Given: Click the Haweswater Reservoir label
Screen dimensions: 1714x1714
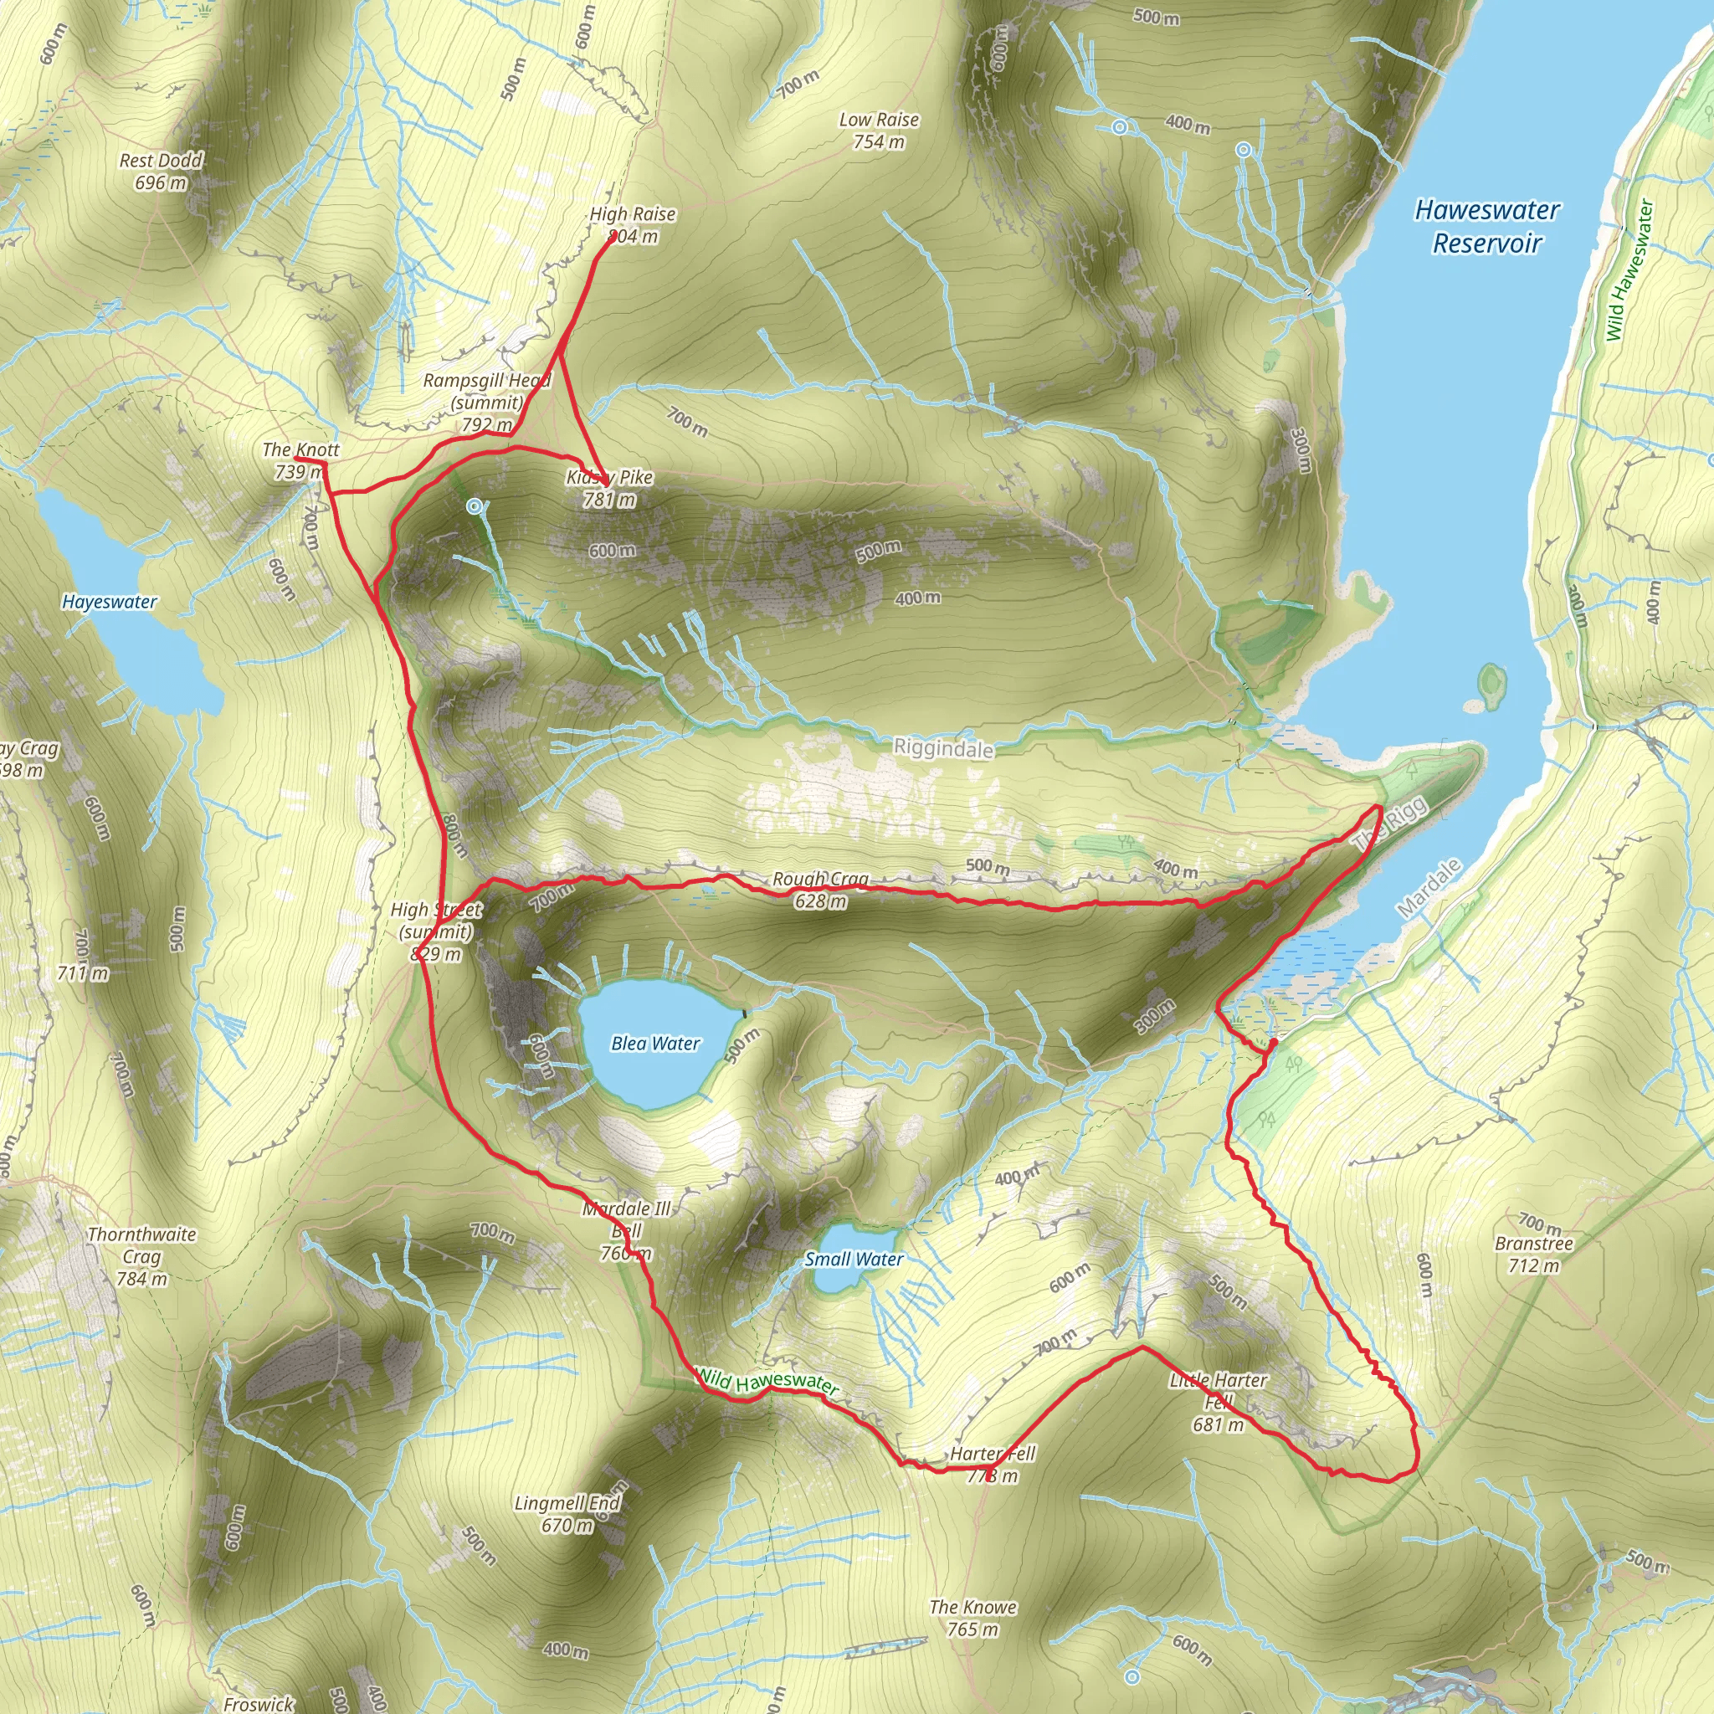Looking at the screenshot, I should click(x=1486, y=226).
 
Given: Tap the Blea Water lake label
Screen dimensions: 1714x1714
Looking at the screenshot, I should click(x=655, y=1044).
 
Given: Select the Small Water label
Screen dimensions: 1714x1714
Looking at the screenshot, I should click(x=854, y=1259).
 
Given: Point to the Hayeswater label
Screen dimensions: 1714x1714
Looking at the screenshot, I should click(x=109, y=602).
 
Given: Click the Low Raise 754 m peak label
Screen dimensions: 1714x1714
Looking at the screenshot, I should click(x=878, y=131).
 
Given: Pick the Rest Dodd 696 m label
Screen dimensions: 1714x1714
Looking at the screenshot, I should click(x=161, y=172).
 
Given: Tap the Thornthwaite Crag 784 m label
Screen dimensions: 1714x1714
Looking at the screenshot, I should click(x=142, y=1256).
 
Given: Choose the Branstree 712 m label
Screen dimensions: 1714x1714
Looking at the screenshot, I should click(x=1533, y=1255).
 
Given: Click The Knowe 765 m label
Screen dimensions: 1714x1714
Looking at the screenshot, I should click(x=972, y=1619).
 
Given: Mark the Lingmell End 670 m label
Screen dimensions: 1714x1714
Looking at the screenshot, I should click(x=567, y=1514).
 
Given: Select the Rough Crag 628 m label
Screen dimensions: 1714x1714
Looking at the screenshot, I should click(x=821, y=890).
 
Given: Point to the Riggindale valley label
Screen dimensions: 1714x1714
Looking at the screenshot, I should click(x=942, y=748).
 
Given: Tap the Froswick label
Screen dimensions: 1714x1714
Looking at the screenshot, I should click(x=258, y=1704).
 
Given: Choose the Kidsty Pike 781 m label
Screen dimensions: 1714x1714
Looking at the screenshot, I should click(x=609, y=488).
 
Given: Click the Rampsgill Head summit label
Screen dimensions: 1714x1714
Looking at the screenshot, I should click(x=486, y=402).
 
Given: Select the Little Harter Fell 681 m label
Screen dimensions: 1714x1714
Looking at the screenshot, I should click(x=1218, y=1402).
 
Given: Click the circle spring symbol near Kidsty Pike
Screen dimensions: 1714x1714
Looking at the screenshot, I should click(x=475, y=506).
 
